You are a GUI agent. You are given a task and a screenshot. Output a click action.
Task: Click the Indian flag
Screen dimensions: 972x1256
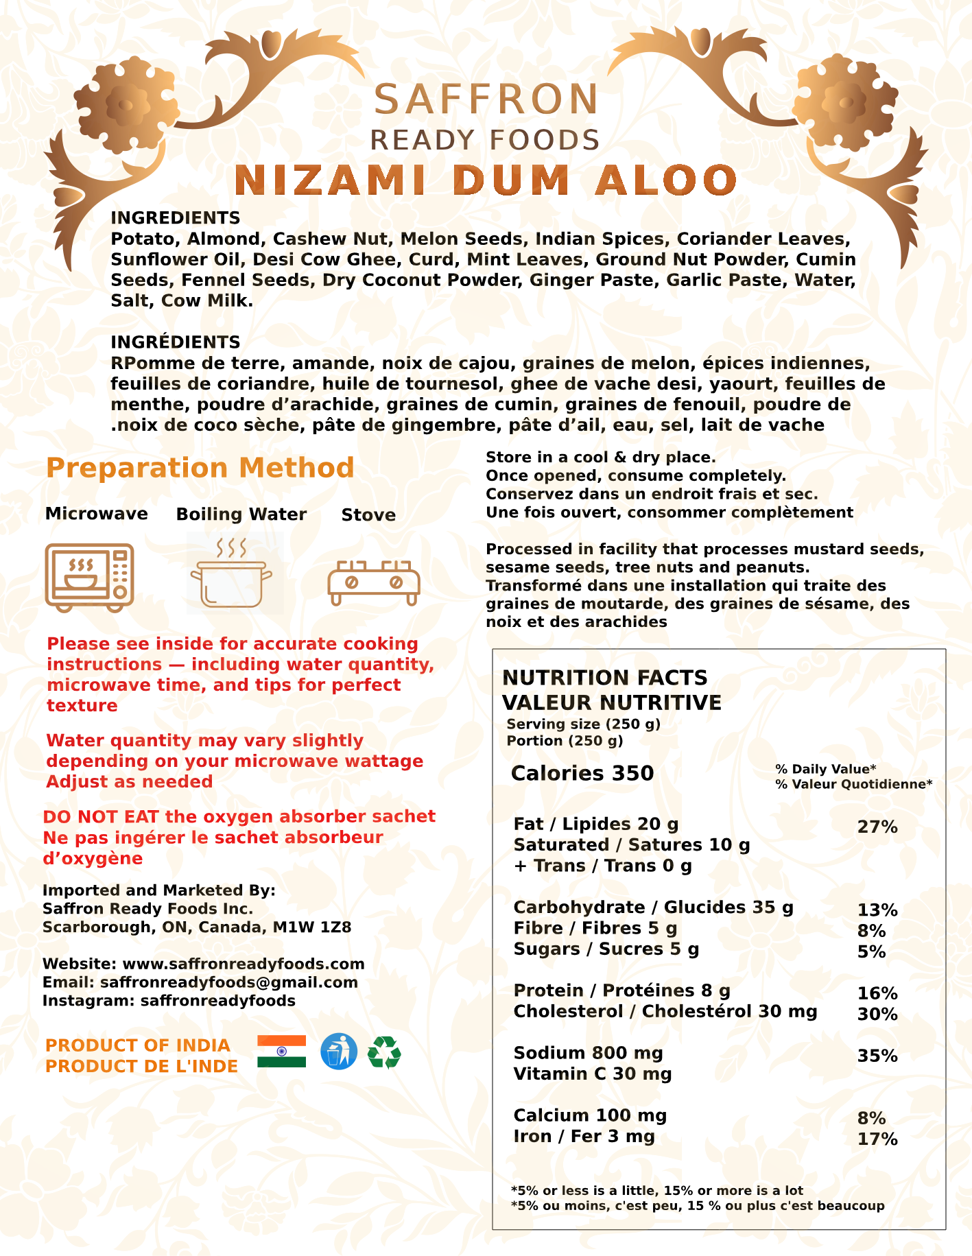click(x=281, y=1052)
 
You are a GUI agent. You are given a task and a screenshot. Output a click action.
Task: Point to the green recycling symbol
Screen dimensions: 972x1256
click(x=385, y=1052)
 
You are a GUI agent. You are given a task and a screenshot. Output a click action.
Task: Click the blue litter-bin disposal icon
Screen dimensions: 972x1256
click(x=339, y=1052)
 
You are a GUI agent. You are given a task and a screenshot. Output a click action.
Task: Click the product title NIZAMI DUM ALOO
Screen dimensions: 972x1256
click(x=485, y=180)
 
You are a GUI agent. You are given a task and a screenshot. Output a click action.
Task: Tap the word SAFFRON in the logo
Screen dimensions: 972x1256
click(x=486, y=99)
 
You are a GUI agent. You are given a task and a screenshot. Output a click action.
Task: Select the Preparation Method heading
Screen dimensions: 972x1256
click(x=200, y=468)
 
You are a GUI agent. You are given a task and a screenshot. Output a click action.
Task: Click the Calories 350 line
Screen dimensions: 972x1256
click(x=582, y=773)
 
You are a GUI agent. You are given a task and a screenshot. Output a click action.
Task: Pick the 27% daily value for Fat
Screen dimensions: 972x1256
click(x=877, y=827)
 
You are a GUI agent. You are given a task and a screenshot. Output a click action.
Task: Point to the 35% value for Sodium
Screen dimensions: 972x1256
click(x=877, y=1056)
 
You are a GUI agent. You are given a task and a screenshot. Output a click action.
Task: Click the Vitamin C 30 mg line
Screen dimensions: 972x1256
click(x=593, y=1074)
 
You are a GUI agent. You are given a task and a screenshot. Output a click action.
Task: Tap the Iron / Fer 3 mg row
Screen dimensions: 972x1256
click(x=584, y=1137)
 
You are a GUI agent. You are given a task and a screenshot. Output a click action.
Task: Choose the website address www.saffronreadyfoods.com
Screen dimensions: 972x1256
click(x=244, y=964)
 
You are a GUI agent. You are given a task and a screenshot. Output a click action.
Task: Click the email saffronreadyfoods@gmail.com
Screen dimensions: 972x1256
click(x=229, y=982)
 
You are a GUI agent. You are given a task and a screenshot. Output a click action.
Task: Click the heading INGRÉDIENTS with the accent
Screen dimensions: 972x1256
click(x=176, y=342)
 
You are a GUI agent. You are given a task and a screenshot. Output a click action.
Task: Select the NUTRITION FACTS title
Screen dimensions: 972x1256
click(x=605, y=678)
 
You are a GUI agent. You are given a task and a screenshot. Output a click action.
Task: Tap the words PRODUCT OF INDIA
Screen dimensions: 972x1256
click(x=138, y=1045)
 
